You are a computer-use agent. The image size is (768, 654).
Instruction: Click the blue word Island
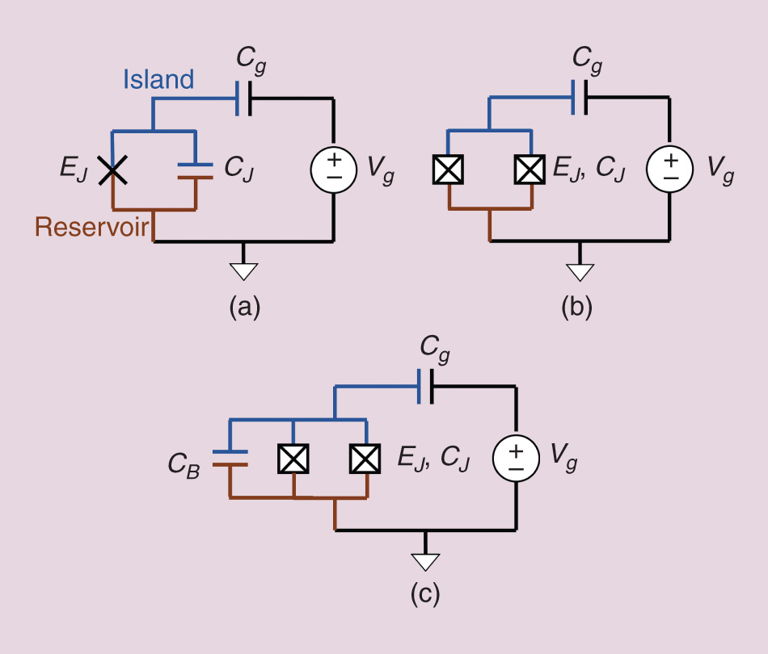[158, 79]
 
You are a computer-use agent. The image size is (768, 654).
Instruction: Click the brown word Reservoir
[92, 227]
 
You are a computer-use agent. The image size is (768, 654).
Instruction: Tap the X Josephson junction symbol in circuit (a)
[112, 169]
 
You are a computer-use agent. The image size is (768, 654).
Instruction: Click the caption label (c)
[425, 593]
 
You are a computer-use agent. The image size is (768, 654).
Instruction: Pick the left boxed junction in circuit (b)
[447, 170]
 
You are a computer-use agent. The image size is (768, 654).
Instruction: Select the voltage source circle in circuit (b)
[669, 170]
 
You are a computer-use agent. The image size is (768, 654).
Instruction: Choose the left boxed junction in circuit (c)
[293, 459]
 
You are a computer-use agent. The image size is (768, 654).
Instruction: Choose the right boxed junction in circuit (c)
[365, 459]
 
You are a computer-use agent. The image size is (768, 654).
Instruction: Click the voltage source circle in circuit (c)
[517, 459]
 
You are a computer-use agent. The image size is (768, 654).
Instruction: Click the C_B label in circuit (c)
[184, 463]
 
